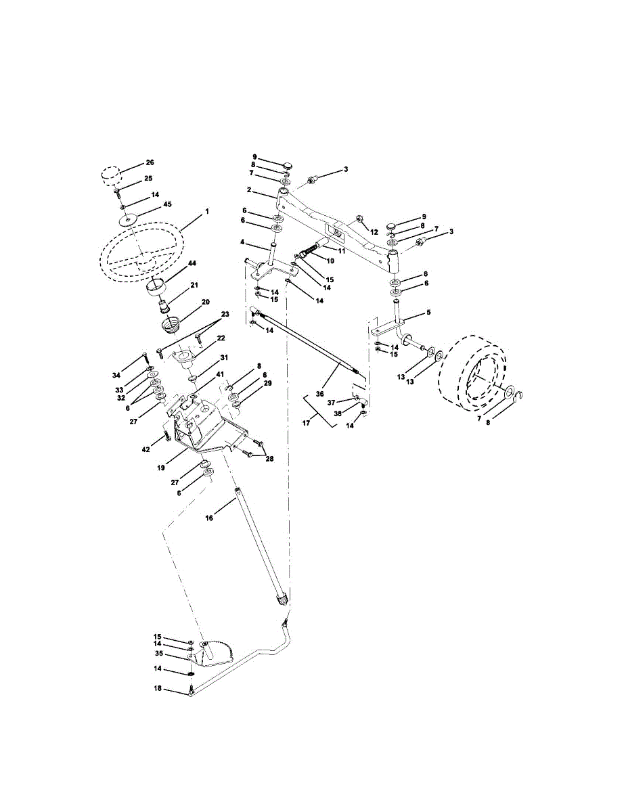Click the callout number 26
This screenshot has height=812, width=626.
(150, 162)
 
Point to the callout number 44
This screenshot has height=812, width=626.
(192, 263)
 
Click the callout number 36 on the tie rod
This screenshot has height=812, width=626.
(319, 394)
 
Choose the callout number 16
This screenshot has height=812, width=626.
(209, 518)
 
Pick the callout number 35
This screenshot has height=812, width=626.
(158, 654)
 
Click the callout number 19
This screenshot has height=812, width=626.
(161, 468)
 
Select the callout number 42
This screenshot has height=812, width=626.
(146, 449)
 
